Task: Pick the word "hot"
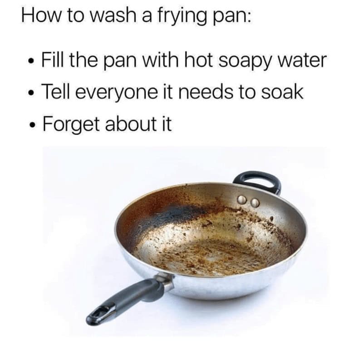tap(198, 60)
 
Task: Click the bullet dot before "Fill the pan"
tap(29, 62)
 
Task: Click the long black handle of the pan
tap(127, 297)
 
